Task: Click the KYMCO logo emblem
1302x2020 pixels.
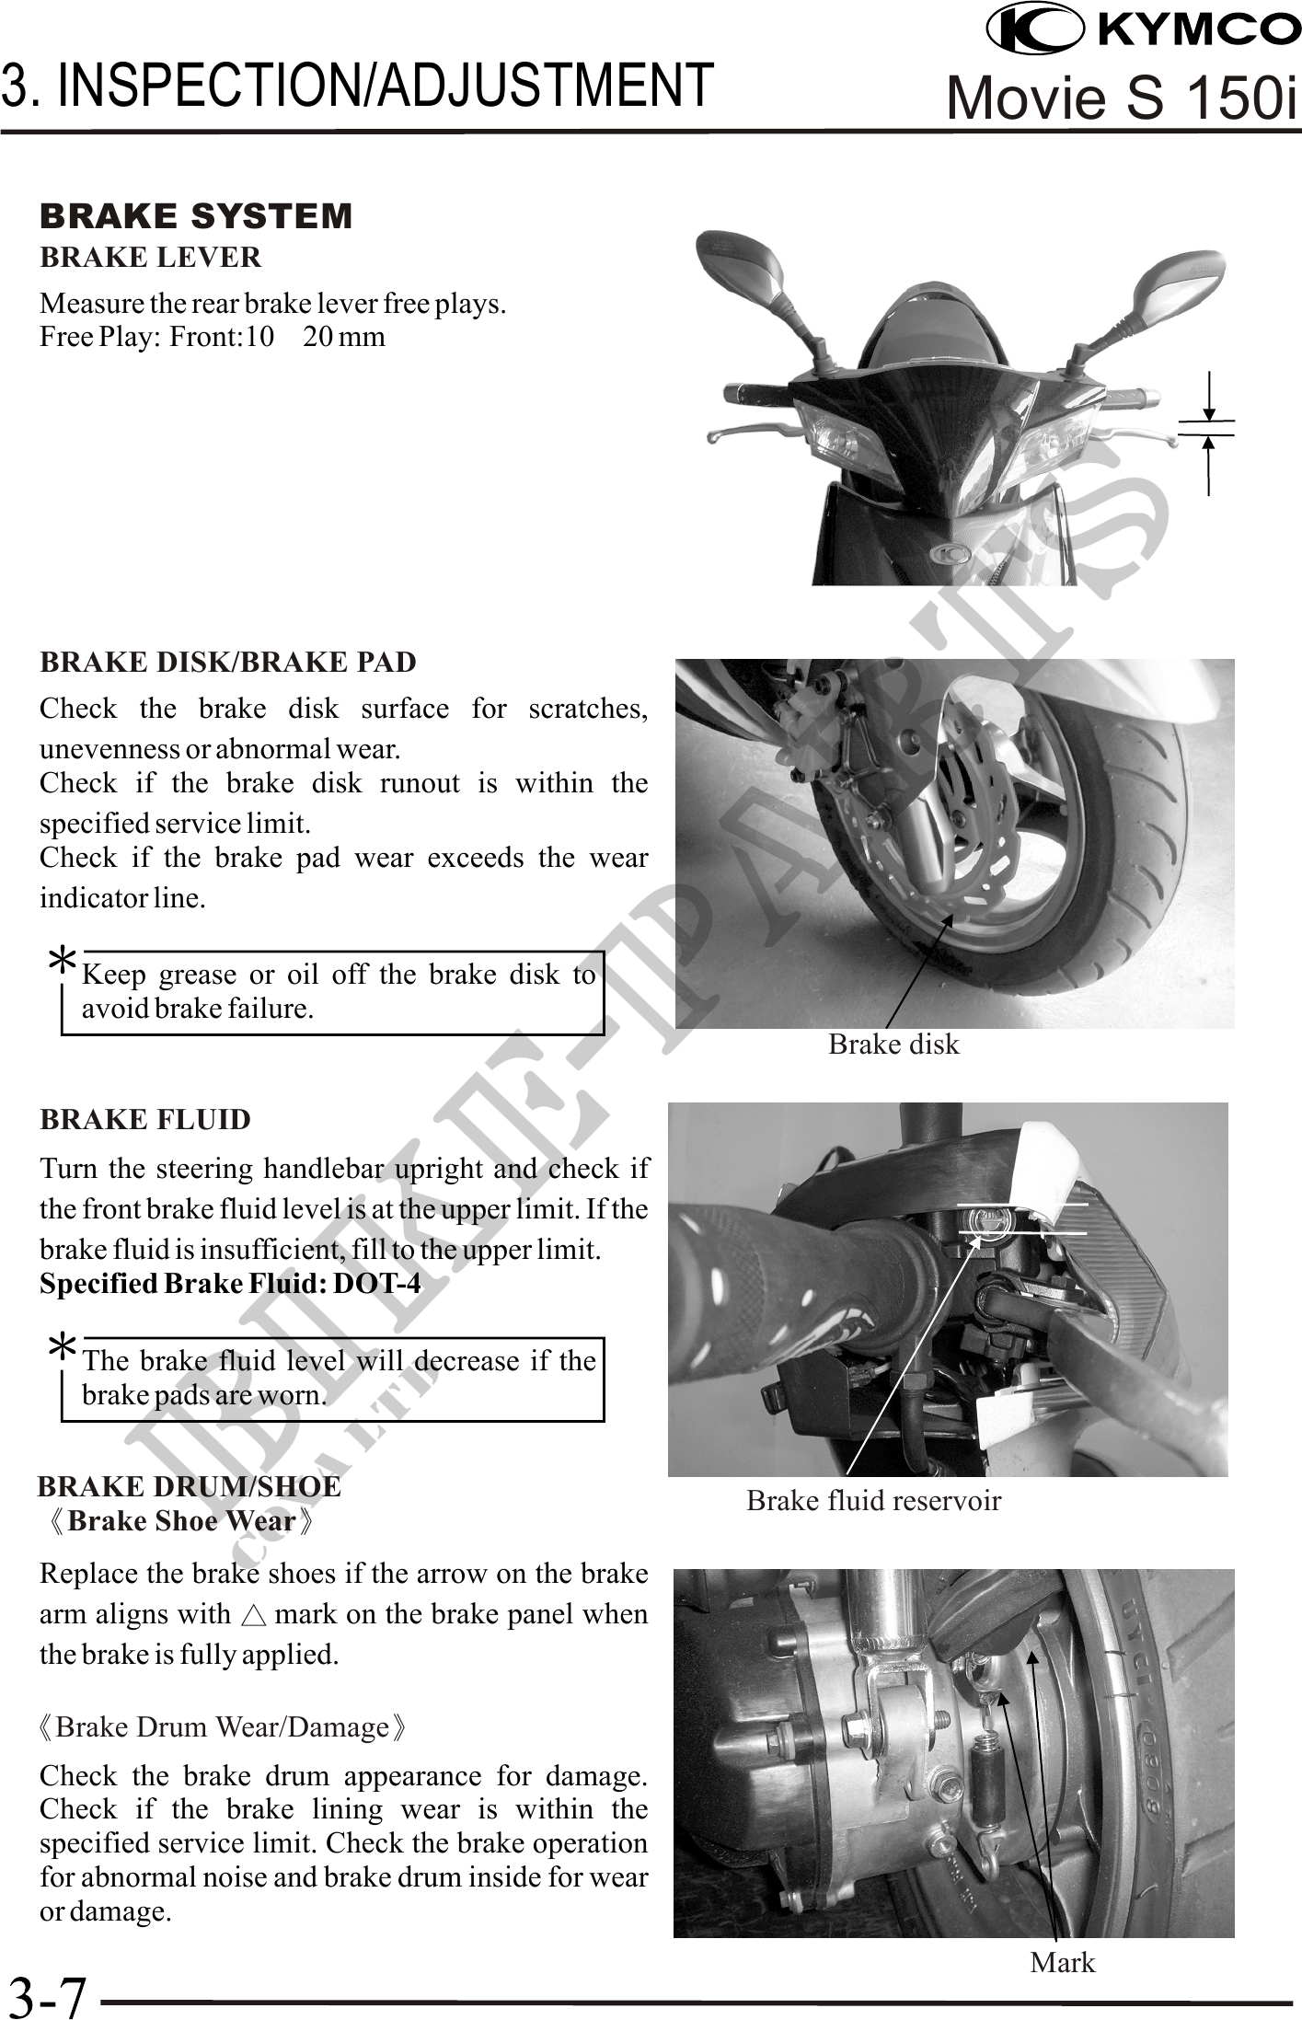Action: pos(1034,29)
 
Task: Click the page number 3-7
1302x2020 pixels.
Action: pos(47,1995)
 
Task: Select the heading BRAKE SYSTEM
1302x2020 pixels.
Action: pos(196,216)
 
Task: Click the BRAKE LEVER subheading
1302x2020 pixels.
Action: pos(151,258)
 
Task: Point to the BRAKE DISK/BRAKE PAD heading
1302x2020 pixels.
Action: pos(228,662)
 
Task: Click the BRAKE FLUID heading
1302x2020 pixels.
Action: pos(145,1120)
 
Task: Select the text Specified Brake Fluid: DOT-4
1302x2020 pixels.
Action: pos(230,1284)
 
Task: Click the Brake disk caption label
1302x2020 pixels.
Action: pos(893,1045)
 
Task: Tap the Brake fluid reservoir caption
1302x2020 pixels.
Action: pos(873,1501)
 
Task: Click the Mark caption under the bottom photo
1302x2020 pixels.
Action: pos(1063,1963)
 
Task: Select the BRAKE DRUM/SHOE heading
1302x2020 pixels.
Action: pos(190,1487)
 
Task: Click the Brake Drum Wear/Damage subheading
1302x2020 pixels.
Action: pos(222,1727)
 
